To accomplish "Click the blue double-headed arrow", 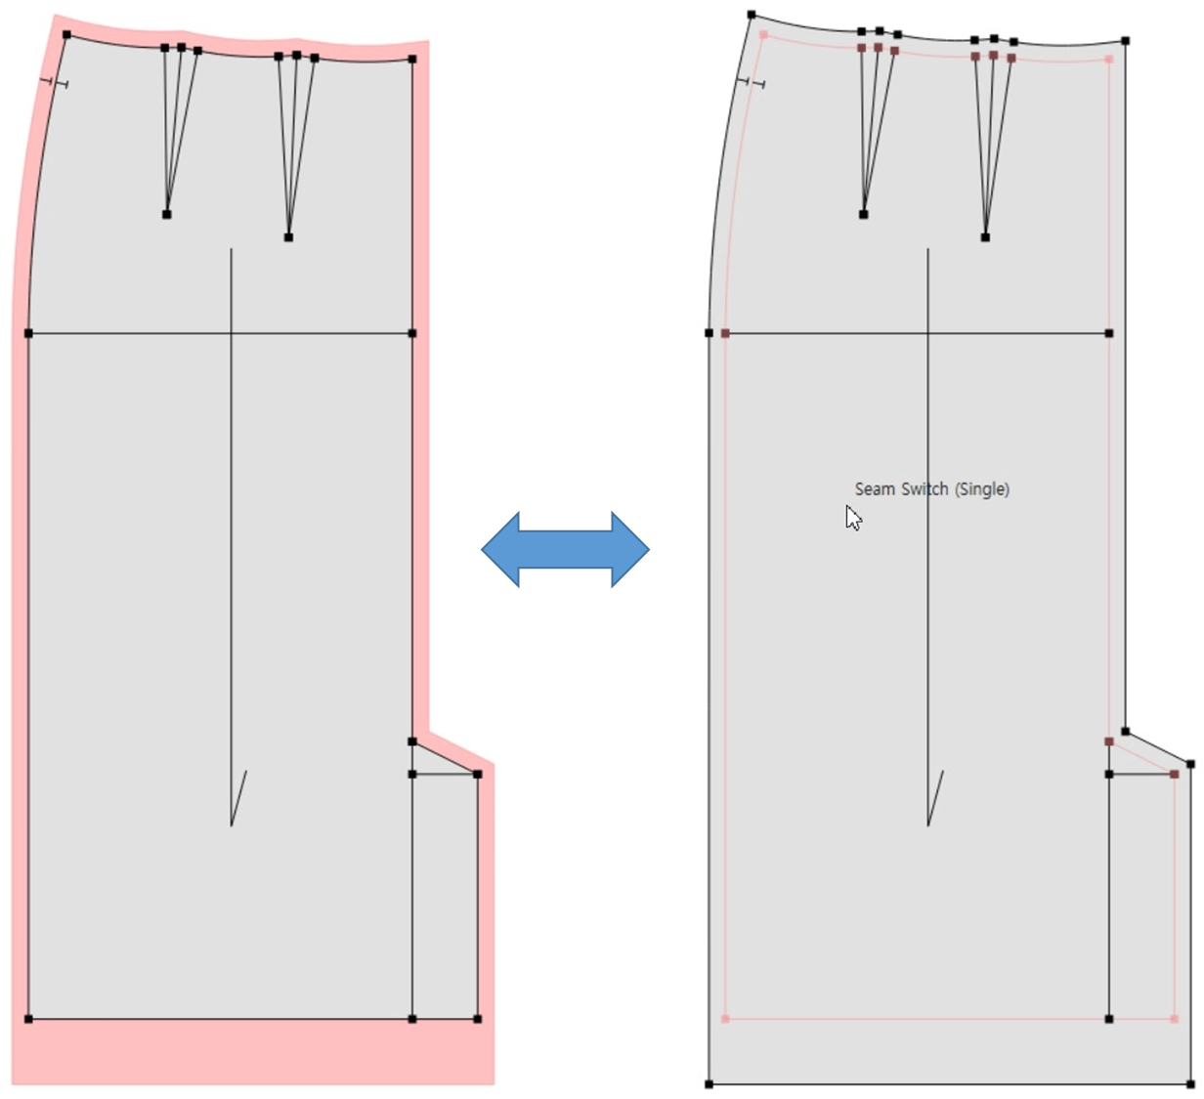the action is (x=565, y=549).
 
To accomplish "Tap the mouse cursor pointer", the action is (x=853, y=518).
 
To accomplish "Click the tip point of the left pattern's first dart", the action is (x=167, y=214).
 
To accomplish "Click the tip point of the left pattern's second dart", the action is (x=288, y=237).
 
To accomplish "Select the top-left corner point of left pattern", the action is (x=66, y=35).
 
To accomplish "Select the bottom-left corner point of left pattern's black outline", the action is (x=28, y=1019).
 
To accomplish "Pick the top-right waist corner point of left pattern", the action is (x=411, y=59).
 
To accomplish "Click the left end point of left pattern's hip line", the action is (x=28, y=333).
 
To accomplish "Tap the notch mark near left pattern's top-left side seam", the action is (x=54, y=82).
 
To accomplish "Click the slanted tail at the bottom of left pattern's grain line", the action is (x=238, y=798).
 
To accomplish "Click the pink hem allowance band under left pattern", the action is (x=253, y=1051).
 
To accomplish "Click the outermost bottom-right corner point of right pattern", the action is (x=1190, y=1084).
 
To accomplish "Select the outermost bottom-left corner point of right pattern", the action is (x=709, y=1084).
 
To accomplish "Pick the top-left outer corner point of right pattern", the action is (x=752, y=15).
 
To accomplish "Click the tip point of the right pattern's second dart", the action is (x=985, y=237).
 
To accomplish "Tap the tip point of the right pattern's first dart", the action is (x=863, y=214).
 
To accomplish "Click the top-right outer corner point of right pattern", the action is (x=1126, y=41).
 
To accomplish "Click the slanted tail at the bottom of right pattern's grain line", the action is (x=935, y=798).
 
